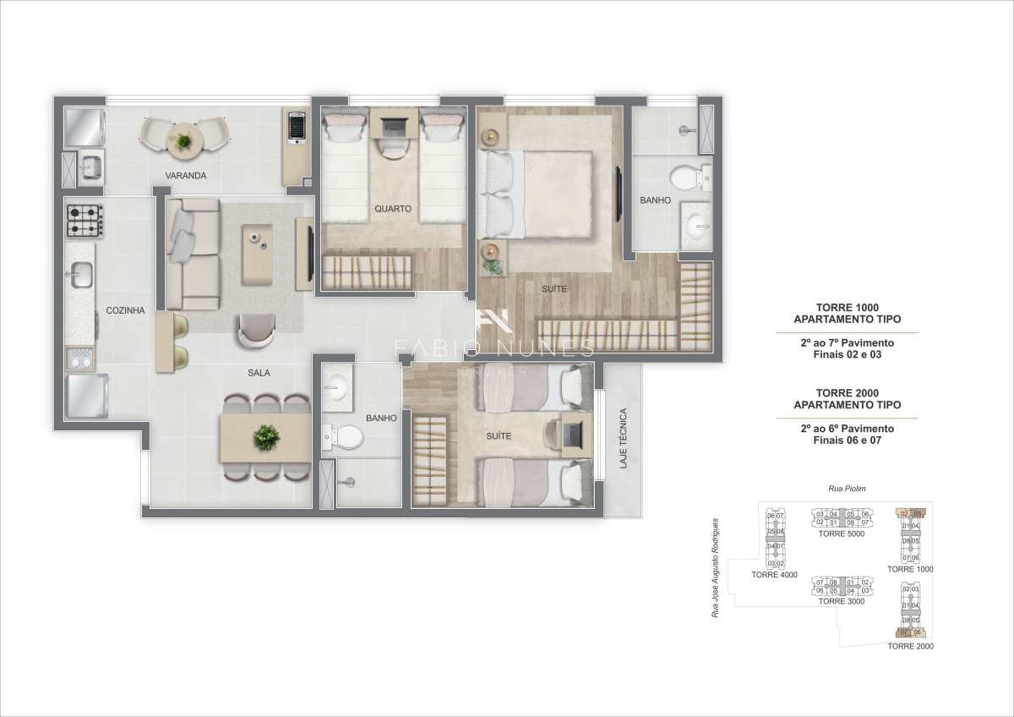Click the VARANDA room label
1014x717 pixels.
(187, 176)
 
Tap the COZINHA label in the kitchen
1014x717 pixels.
(125, 310)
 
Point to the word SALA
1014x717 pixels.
(259, 372)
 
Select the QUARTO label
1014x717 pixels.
(393, 208)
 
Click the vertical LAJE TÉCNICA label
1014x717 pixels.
(623, 440)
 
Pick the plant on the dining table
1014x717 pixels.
(266, 437)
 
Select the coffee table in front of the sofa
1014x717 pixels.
(257, 254)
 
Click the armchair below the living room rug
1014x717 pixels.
(255, 329)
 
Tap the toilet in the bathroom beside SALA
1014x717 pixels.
(343, 437)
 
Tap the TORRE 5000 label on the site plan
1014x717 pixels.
(841, 534)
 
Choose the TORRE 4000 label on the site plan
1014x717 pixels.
(774, 575)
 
